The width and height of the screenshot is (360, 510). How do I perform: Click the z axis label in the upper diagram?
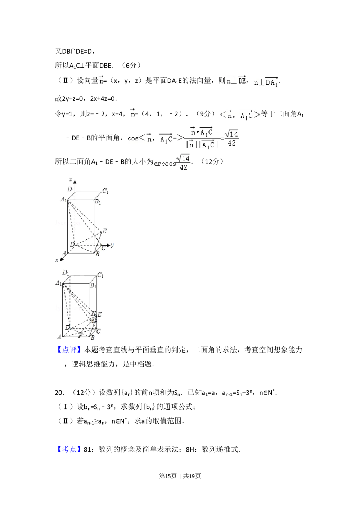pyautogui.click(x=71, y=179)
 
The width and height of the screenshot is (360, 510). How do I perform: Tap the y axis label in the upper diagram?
pyautogui.click(x=112, y=245)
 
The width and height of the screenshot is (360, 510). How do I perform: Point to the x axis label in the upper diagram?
pyautogui.click(x=57, y=260)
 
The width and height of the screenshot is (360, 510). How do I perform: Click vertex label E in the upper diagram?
pyautogui.click(x=104, y=231)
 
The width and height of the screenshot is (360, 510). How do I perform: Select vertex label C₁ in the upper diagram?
pyautogui.click(x=105, y=191)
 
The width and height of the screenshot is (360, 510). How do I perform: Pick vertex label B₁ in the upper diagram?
pyautogui.click(x=98, y=202)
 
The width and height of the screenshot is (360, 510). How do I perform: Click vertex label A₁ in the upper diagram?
pyautogui.click(x=63, y=200)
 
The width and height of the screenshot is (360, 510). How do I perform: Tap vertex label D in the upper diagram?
pyautogui.click(x=72, y=245)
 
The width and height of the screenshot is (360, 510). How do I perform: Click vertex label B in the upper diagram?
pyautogui.click(x=97, y=254)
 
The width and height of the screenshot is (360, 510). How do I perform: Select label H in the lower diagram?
pyautogui.click(x=93, y=313)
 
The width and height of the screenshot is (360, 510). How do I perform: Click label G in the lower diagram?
pyautogui.click(x=95, y=321)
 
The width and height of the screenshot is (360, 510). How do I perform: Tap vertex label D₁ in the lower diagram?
pyautogui.click(x=66, y=273)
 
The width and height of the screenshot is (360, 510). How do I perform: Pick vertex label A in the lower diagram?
pyautogui.click(x=59, y=337)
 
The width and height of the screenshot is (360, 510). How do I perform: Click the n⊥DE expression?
pyautogui.click(x=236, y=81)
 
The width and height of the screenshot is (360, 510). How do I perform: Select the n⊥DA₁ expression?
pyautogui.click(x=265, y=83)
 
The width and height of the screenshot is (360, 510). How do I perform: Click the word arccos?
pyautogui.click(x=165, y=164)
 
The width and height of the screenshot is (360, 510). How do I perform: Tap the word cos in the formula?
pyautogui.click(x=133, y=138)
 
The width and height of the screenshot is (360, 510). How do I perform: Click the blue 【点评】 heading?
pyautogui.click(x=69, y=350)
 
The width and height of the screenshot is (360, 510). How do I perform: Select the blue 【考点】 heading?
pyautogui.click(x=69, y=448)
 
